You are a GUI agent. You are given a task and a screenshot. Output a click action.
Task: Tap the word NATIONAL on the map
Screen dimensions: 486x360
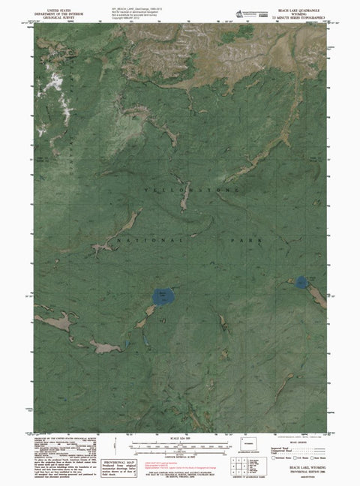pyautogui.click(x=150, y=239)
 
